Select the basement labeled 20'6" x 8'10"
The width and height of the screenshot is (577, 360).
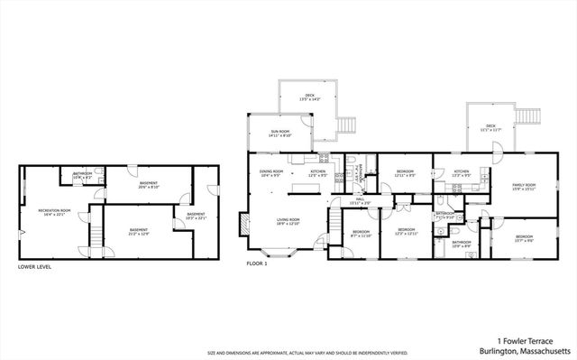click(149, 186)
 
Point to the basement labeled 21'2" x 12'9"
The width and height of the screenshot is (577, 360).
click(138, 232)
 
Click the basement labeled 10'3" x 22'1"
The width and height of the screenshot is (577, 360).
click(196, 216)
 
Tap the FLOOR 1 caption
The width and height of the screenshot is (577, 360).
click(258, 264)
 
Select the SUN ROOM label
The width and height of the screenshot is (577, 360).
click(279, 133)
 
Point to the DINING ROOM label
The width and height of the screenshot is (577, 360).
click(271, 173)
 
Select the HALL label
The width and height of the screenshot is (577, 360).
click(358, 203)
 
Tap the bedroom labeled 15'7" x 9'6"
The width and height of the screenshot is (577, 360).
click(524, 239)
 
